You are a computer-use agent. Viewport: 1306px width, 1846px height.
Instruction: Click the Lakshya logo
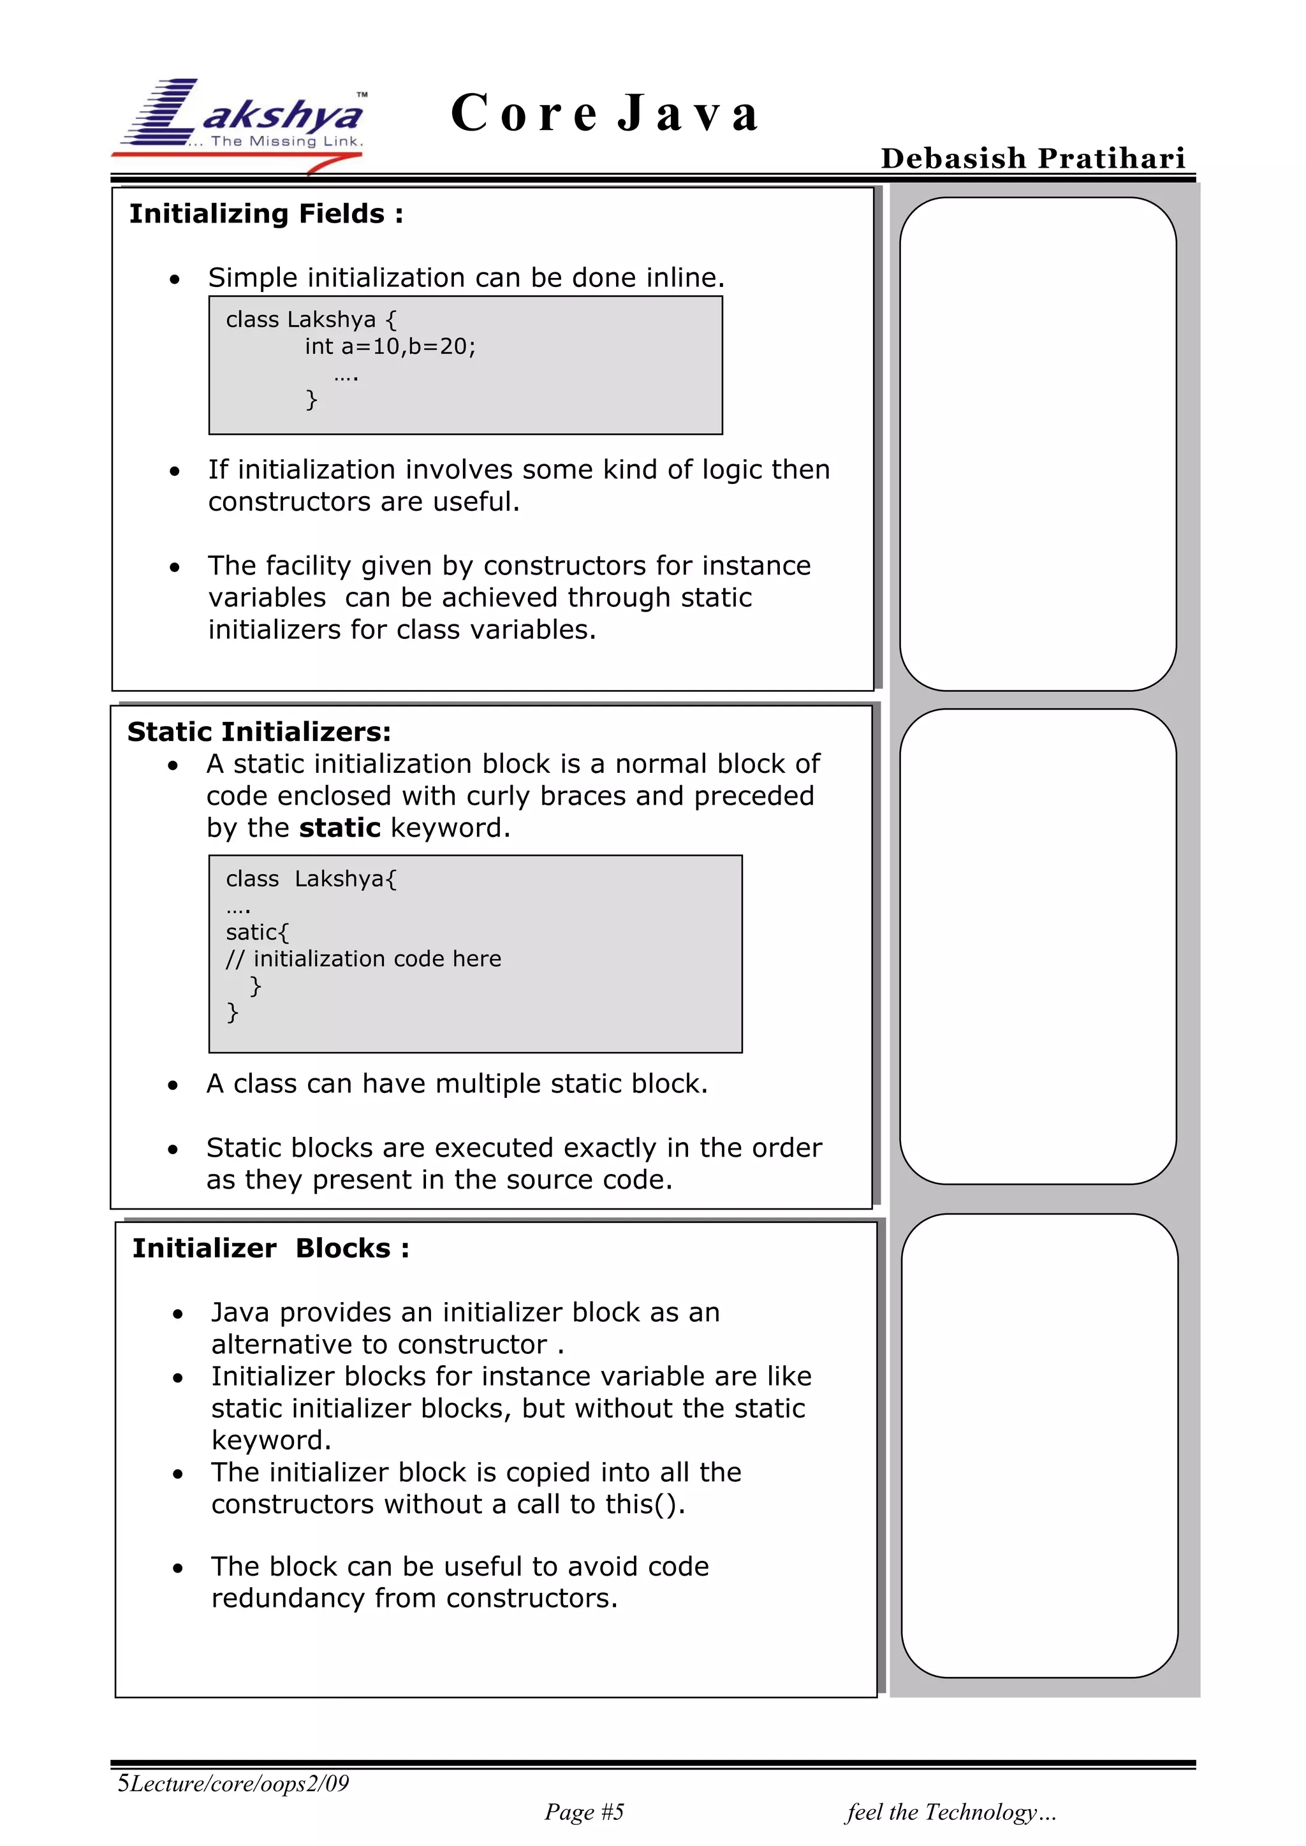pyautogui.click(x=241, y=121)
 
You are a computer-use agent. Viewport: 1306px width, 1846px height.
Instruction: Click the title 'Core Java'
pyautogui.click(x=605, y=113)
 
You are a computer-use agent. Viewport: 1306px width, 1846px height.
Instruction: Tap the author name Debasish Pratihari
pyautogui.click(x=1032, y=158)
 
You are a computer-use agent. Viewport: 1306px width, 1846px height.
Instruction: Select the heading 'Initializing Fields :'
pyautogui.click(x=266, y=214)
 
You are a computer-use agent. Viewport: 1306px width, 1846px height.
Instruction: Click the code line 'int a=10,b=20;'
pyautogui.click(x=390, y=346)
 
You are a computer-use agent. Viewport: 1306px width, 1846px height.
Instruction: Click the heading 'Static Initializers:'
pyautogui.click(x=259, y=731)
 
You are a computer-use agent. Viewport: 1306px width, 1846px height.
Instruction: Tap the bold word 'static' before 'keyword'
pyautogui.click(x=339, y=827)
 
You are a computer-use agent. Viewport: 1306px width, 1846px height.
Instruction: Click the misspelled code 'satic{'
pyautogui.click(x=256, y=932)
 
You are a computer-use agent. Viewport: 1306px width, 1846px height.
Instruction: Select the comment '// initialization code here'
pyautogui.click(x=363, y=958)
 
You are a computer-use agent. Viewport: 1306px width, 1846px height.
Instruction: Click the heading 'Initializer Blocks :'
pyautogui.click(x=271, y=1248)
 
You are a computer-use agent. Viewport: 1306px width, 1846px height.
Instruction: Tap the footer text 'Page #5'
pyautogui.click(x=584, y=1812)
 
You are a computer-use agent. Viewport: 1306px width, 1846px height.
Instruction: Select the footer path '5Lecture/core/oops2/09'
pyautogui.click(x=233, y=1784)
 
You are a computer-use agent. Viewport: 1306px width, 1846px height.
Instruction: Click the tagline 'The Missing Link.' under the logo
pyautogui.click(x=286, y=142)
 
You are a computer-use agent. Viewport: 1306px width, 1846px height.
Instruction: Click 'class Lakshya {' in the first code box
pyautogui.click(x=311, y=320)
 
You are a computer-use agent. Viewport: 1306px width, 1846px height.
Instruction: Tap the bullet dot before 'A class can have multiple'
pyautogui.click(x=173, y=1085)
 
